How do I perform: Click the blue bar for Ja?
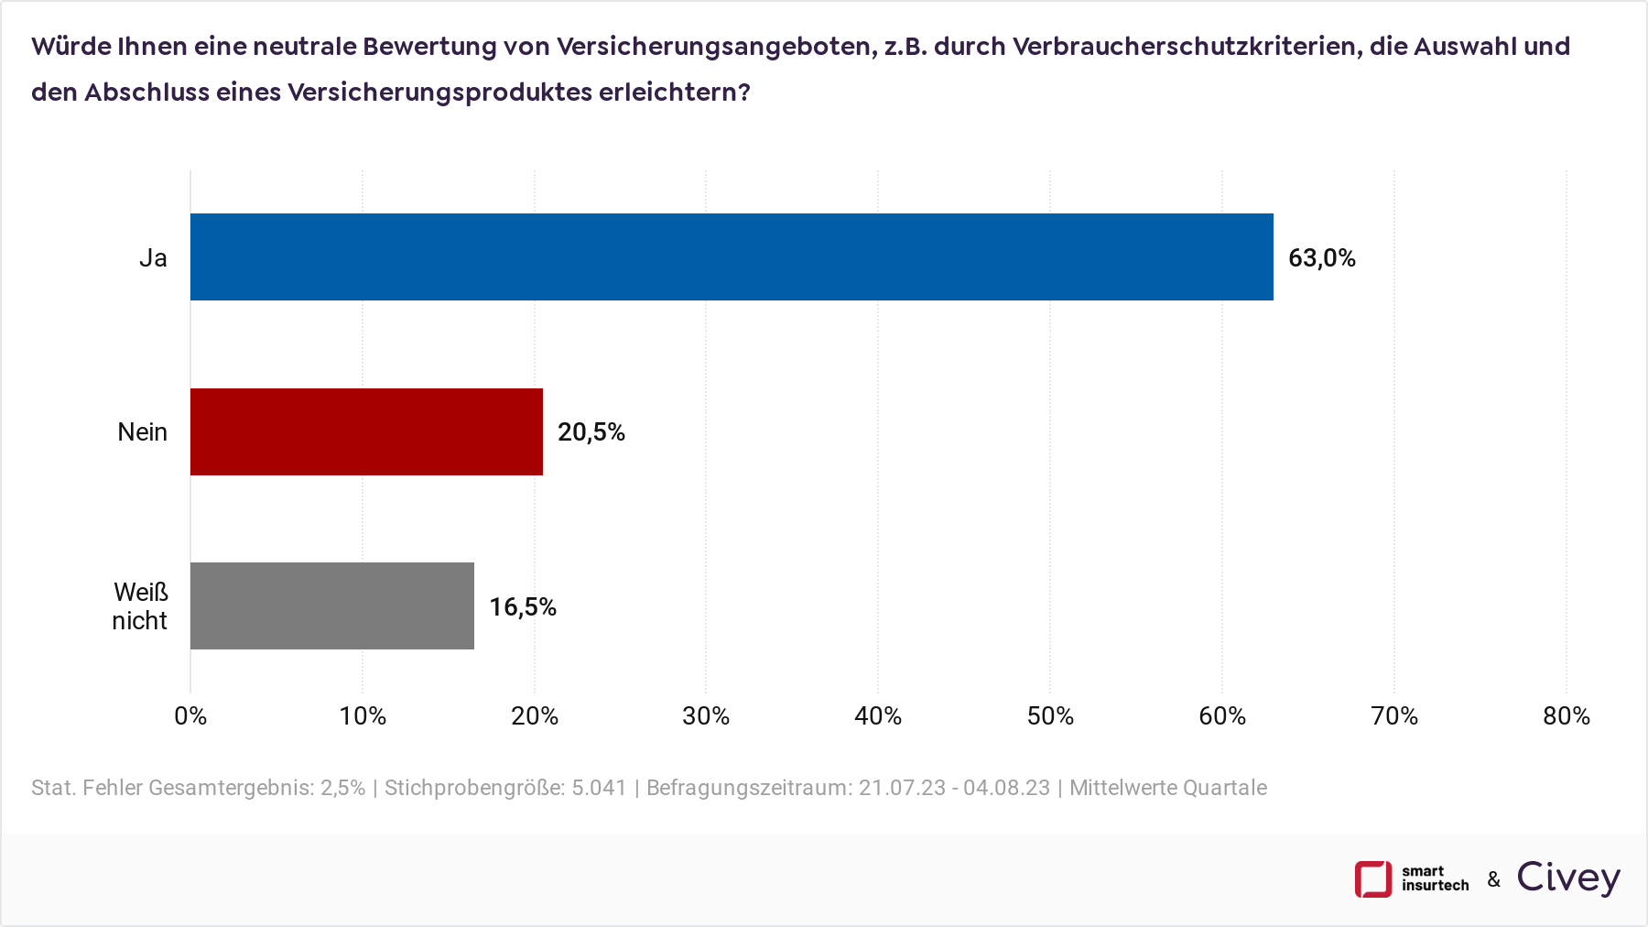coord(731,257)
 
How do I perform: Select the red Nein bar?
coord(366,431)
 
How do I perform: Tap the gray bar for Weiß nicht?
coord(331,605)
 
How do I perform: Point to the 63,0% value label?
coord(1321,258)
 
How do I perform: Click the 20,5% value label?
coord(591,432)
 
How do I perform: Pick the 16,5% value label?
coord(522,606)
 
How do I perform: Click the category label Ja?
coord(153,258)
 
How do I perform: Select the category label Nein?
coord(142,432)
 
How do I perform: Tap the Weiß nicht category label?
coord(140,606)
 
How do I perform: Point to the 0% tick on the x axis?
coord(190,716)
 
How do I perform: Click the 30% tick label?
coord(706,716)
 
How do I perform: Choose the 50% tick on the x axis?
coord(1050,716)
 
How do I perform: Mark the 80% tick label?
coord(1566,716)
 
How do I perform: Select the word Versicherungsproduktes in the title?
coord(439,93)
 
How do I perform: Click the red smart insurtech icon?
coord(1372,879)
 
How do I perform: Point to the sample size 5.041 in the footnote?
coord(599,788)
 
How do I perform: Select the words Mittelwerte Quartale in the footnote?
coord(1168,788)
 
